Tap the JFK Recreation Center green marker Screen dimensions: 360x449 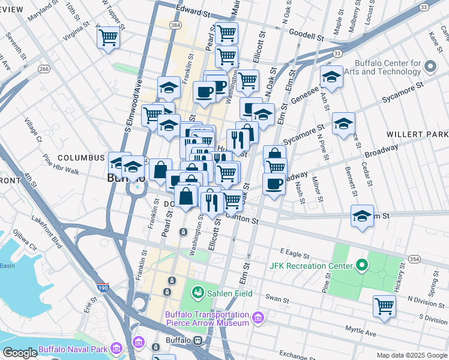[361, 265]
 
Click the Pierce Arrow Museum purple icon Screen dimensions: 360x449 [258, 316]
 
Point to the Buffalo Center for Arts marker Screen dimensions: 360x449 [430, 66]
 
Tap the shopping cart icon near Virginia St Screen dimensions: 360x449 [108, 38]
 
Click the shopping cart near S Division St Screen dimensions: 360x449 [384, 306]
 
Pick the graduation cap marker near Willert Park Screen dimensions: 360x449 [343, 124]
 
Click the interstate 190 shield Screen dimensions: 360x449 [103, 289]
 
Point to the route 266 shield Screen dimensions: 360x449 [43, 69]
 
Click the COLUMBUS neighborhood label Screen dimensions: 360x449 [81, 157]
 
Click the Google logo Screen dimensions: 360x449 [19, 353]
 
